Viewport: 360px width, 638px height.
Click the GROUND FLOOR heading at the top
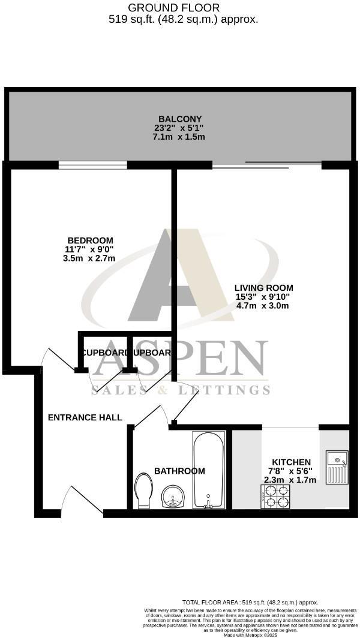pos(175,8)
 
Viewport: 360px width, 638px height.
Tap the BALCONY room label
pos(179,119)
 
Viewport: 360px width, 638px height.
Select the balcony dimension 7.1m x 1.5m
pos(179,137)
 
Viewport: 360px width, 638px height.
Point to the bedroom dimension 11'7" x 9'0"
pos(89,249)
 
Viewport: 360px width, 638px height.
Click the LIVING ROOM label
pos(263,288)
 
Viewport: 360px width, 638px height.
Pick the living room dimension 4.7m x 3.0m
pos(263,306)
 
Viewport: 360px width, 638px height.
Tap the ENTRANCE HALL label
pos(85,417)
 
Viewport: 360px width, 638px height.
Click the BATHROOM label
pos(179,471)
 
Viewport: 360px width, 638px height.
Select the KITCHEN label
pos(292,462)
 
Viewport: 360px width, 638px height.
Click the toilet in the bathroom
pos(145,490)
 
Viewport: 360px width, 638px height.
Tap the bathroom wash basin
pos(175,496)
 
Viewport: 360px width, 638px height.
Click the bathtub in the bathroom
pos(208,471)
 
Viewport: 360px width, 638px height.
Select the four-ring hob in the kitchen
pos(274,496)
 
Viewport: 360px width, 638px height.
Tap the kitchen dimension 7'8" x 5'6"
pos(292,471)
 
